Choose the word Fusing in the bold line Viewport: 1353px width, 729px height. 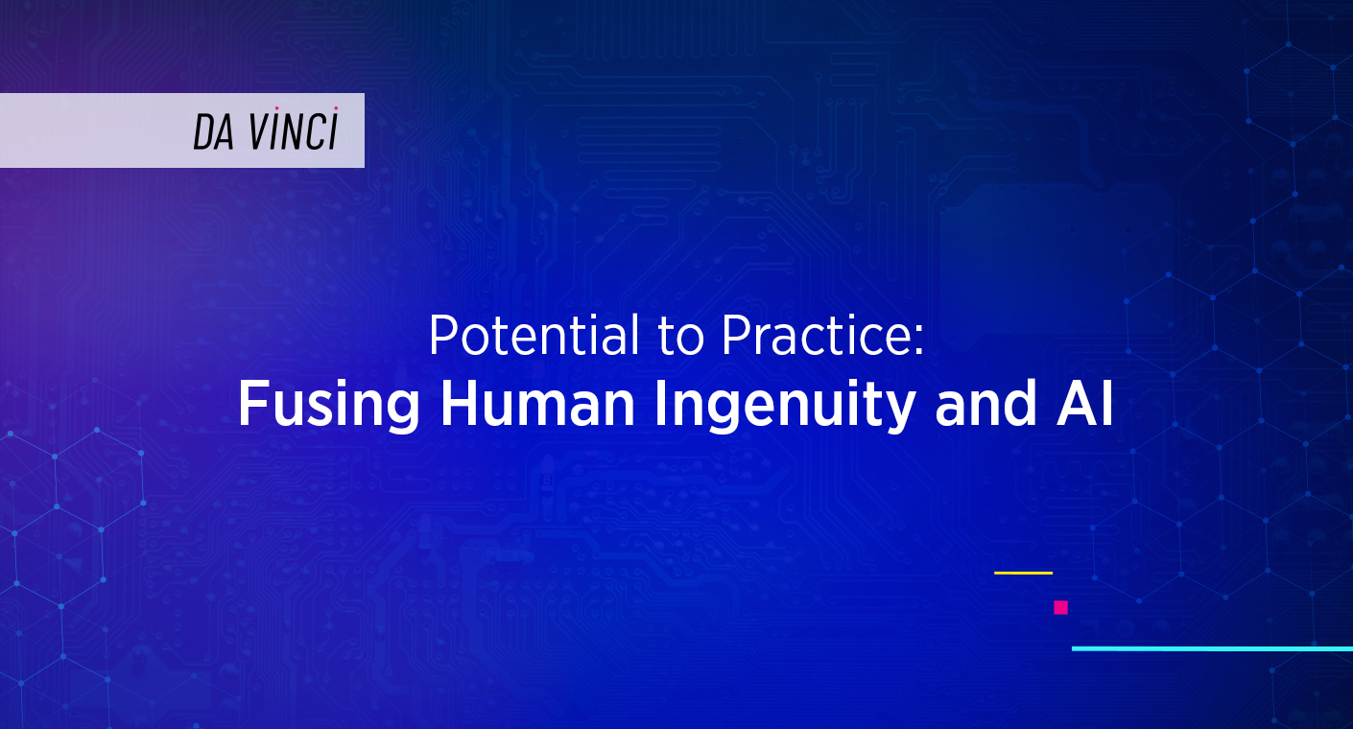(x=329, y=407)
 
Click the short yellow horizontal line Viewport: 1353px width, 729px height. (x=1023, y=573)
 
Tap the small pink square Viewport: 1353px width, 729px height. (x=1060, y=607)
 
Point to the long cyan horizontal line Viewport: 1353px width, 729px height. (x=1211, y=648)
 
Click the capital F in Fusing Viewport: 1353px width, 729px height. (x=251, y=406)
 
